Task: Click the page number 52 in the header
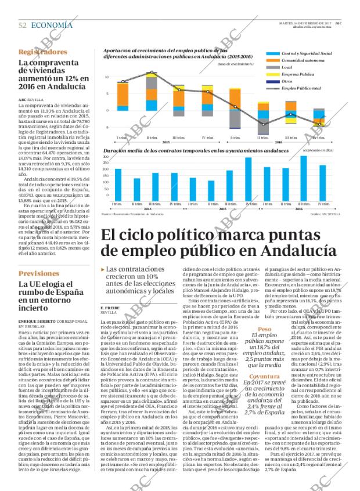[x=23, y=25]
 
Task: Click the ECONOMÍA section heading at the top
[x=52, y=25]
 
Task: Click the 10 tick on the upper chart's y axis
[x=107, y=77]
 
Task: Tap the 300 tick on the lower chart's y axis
[x=106, y=156]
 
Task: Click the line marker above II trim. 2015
[x=152, y=73]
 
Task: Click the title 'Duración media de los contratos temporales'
[x=180, y=150]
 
